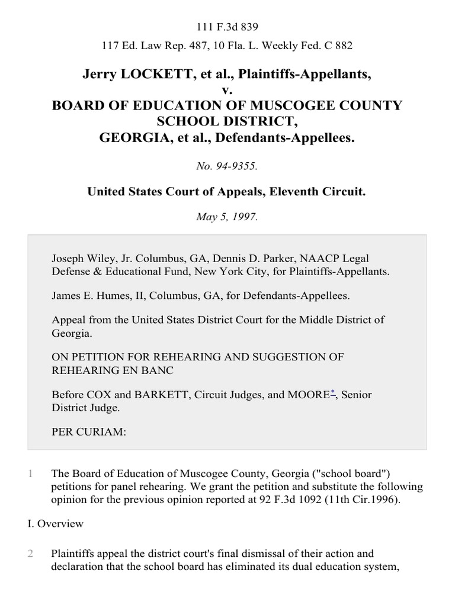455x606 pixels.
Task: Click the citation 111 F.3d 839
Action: pyautogui.click(x=227, y=27)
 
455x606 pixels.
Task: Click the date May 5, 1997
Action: pyautogui.click(x=227, y=217)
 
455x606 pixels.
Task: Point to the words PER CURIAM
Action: pyautogui.click(x=89, y=432)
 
